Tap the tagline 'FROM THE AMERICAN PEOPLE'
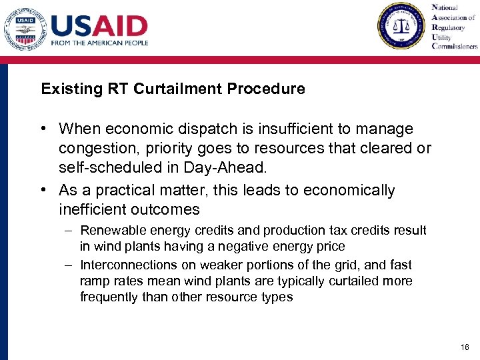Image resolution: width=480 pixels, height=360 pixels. (99, 43)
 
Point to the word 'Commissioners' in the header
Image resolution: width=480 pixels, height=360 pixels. (455, 47)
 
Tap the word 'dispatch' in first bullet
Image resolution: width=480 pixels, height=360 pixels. (217, 129)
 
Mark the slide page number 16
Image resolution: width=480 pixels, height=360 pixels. (465, 347)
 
